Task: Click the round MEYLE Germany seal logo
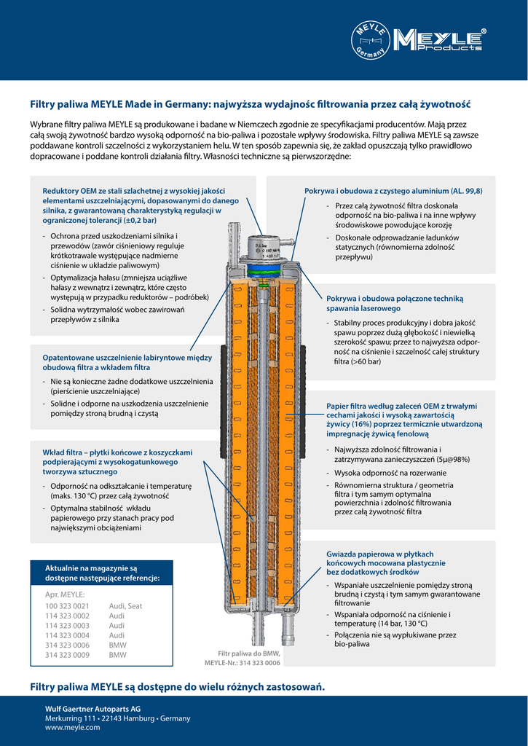[x=371, y=39]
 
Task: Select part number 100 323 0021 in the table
[x=67, y=606]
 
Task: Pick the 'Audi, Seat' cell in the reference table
[x=125, y=606]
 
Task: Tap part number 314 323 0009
[x=67, y=655]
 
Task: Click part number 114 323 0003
[x=67, y=626]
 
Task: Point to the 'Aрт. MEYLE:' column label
[x=65, y=594]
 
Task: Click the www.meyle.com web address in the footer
[x=72, y=728]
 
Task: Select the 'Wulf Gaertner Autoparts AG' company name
[x=92, y=709]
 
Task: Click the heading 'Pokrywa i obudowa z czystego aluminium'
[x=393, y=191]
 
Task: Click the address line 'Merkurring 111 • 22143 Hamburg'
[x=117, y=718]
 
